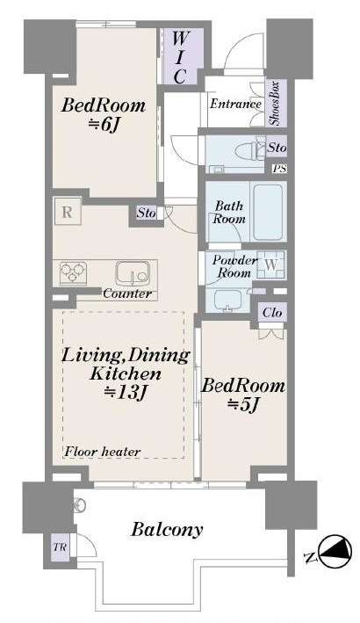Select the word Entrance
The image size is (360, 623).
(x=235, y=104)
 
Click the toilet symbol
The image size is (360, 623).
(x=249, y=150)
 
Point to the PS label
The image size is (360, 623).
(x=279, y=169)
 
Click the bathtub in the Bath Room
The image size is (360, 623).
(x=268, y=212)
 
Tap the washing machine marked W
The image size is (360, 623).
(x=271, y=264)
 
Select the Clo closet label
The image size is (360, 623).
(x=272, y=313)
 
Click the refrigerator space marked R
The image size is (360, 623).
(x=68, y=212)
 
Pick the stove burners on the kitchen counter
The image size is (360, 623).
(x=73, y=272)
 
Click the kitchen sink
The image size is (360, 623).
(x=133, y=273)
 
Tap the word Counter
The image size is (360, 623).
(x=127, y=294)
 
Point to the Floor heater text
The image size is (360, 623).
(x=103, y=452)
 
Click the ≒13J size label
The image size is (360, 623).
(x=126, y=393)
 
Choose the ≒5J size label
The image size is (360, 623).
(x=243, y=405)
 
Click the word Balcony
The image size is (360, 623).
(x=167, y=530)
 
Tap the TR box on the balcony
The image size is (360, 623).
(x=60, y=547)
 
